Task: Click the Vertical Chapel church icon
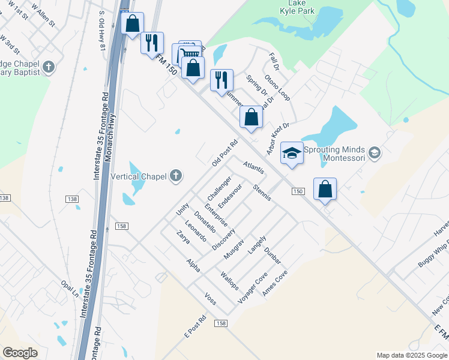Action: (175, 176)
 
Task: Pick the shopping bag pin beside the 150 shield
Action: (325, 189)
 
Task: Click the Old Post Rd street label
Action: (225, 154)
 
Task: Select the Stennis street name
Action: (262, 192)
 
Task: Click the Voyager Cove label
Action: (253, 287)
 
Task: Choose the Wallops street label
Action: (229, 281)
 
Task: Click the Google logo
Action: (20, 353)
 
